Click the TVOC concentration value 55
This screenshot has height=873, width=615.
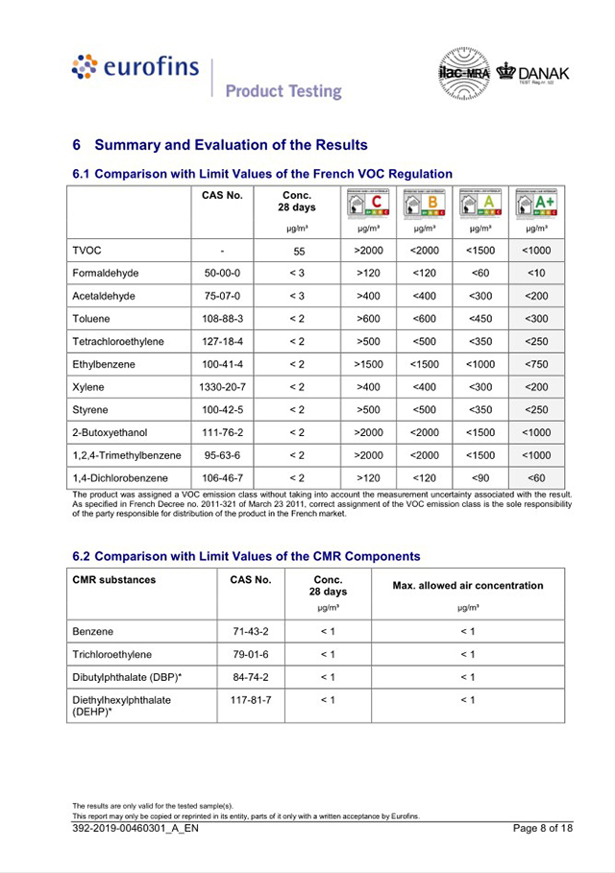pos(299,251)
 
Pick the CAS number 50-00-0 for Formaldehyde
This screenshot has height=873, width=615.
pos(222,274)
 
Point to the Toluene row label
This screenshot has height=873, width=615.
pos(91,319)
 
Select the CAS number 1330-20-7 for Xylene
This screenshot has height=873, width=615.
pos(222,387)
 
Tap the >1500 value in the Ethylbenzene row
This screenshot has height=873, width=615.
pos(369,364)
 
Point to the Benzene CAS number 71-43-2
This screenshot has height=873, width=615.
pos(250,632)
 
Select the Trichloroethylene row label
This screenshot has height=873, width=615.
pos(111,654)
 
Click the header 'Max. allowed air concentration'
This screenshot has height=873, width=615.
pos(467,586)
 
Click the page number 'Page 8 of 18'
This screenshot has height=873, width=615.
pos(542,828)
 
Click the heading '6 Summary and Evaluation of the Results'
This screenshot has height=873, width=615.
pos(220,145)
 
